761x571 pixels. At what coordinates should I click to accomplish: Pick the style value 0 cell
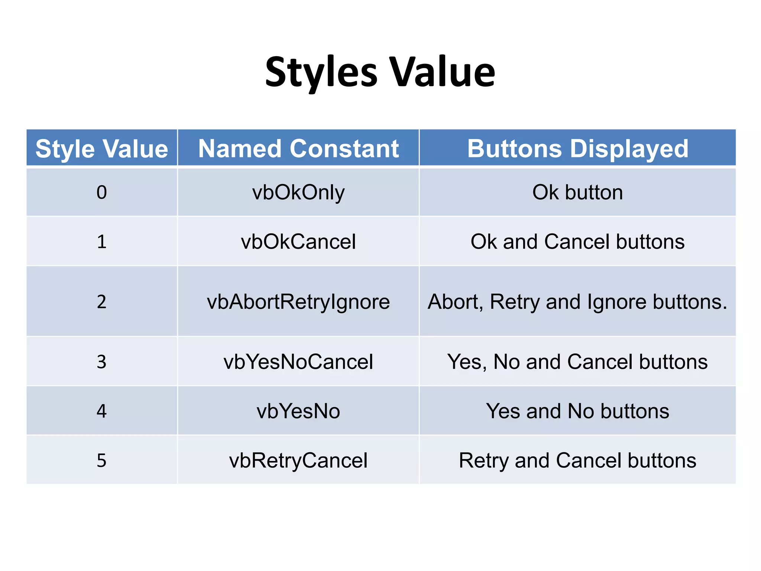[101, 193]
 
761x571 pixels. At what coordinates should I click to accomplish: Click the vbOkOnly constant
[298, 193]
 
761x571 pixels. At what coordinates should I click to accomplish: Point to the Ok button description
[577, 193]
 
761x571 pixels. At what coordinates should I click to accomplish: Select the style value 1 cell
[101, 242]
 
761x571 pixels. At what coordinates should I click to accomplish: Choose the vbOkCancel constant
[298, 242]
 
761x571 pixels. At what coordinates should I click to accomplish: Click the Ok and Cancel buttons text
[577, 242]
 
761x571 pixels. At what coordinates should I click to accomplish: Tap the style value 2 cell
[101, 301]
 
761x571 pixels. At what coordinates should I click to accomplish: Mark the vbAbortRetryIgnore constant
[298, 301]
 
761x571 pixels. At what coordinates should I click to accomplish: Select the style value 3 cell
[101, 362]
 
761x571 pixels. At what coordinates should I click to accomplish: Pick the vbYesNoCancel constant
[298, 362]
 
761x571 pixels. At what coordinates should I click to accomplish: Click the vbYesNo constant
[298, 411]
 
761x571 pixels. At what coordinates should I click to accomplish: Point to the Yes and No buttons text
[577, 411]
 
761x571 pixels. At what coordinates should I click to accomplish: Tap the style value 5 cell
[101, 460]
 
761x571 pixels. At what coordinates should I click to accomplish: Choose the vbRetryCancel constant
[298, 460]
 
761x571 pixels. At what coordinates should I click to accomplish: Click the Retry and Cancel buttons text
[577, 460]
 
